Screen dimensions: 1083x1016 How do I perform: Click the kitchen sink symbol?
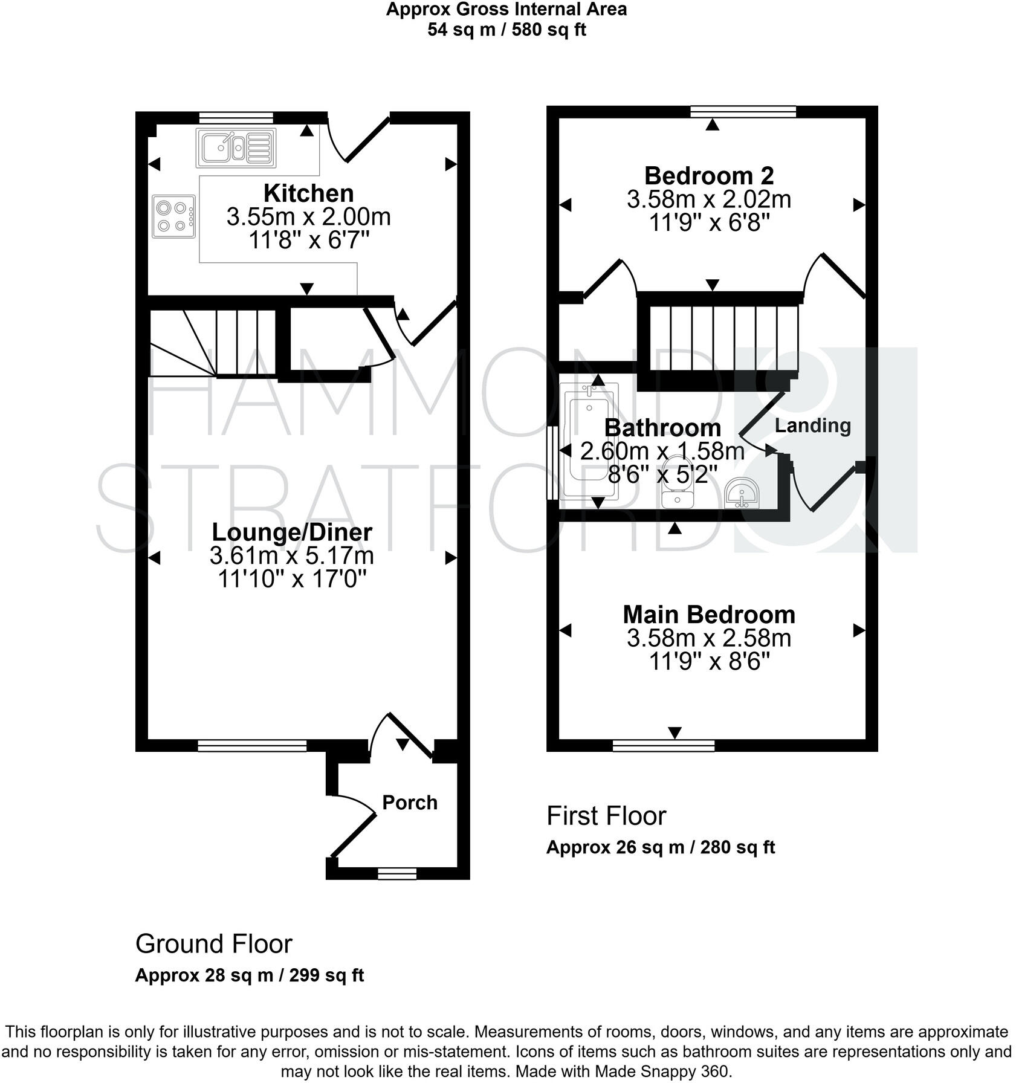236,147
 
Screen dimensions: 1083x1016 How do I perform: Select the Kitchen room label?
308,193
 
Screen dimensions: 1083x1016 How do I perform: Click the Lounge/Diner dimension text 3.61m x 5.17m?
291,555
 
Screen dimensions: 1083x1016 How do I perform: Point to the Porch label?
410,803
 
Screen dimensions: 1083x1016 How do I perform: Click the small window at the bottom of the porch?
397,873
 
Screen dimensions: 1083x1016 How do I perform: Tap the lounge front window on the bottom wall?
252,746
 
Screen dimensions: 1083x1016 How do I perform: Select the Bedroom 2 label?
709,176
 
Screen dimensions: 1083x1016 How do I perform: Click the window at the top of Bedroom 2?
743,111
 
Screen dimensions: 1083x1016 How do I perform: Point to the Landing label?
812,425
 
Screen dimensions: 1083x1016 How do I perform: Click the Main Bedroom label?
709,615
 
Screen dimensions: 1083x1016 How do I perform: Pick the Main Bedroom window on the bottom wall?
663,746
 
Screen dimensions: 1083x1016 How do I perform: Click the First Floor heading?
606,816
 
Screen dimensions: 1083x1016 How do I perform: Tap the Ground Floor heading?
213,943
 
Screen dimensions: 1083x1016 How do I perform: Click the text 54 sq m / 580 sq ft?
506,29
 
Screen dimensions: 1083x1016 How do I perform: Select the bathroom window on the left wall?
552,463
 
